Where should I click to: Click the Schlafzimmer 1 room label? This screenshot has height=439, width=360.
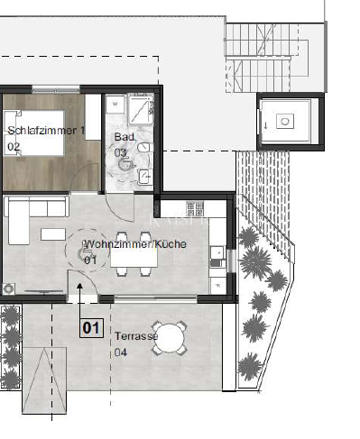click(46, 131)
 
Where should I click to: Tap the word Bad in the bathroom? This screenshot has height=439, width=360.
click(124, 137)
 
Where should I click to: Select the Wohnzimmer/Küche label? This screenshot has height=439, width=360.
click(135, 244)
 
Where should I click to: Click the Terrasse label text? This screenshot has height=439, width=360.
click(136, 336)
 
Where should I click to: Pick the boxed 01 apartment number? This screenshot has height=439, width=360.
click(91, 328)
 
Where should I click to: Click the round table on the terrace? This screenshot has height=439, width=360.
click(169, 338)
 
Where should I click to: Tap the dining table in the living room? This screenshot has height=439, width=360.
click(134, 254)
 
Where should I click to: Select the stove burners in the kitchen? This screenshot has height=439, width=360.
click(195, 208)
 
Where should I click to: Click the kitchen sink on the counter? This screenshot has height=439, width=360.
click(217, 253)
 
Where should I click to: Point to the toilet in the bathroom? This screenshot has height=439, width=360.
click(145, 148)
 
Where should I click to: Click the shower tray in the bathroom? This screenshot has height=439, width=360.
click(141, 109)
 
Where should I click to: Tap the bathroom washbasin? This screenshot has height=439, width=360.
click(145, 177)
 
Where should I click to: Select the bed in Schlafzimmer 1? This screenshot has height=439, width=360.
click(33, 133)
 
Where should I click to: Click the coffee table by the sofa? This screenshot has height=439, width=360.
click(53, 234)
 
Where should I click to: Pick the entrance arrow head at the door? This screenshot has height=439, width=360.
click(79, 286)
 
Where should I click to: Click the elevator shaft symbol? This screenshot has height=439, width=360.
click(285, 121)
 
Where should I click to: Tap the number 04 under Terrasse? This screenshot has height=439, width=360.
click(121, 352)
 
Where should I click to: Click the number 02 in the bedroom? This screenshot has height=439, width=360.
click(14, 147)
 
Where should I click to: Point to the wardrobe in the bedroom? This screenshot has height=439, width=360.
click(93, 117)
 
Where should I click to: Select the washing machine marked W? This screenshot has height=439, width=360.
click(115, 105)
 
